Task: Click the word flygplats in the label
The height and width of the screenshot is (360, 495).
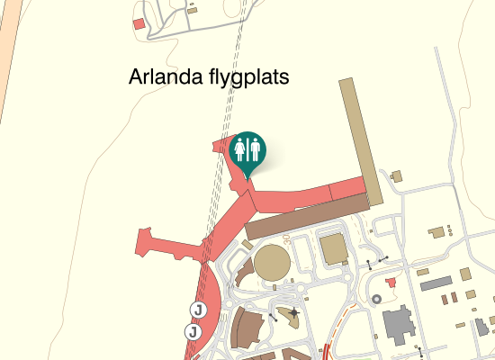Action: [245, 78]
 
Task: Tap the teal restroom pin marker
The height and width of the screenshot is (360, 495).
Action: [247, 151]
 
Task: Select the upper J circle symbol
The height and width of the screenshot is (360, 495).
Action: [197, 310]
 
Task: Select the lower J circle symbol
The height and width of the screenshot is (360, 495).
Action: [192, 332]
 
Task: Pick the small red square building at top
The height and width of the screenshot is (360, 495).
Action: [139, 23]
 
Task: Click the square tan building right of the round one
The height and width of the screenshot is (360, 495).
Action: [333, 248]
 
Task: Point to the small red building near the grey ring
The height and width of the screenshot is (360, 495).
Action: [390, 283]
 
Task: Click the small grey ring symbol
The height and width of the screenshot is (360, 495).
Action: [378, 295]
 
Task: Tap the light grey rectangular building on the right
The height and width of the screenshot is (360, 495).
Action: [435, 283]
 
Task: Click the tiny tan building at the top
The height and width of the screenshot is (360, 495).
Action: [193, 10]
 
